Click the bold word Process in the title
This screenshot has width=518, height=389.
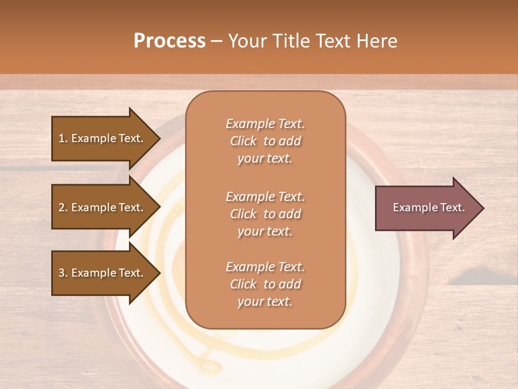[x=169, y=41]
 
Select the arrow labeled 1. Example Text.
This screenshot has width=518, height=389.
[x=103, y=138]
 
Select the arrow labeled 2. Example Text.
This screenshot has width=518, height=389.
[x=103, y=207]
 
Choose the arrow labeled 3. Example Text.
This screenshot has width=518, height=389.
[x=103, y=273]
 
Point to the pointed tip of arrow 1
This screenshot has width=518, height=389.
[x=159, y=138]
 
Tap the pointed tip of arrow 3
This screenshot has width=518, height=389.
[x=159, y=273]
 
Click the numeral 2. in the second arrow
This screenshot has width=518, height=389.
[x=63, y=207]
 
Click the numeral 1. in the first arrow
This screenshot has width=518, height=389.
[x=63, y=138]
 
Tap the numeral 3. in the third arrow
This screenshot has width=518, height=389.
[x=63, y=273]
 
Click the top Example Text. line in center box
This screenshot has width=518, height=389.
[x=265, y=124]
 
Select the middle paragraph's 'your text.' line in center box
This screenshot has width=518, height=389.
[x=265, y=231]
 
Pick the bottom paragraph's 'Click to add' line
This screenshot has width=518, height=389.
[x=265, y=284]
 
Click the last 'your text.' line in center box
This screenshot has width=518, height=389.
[x=265, y=301]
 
